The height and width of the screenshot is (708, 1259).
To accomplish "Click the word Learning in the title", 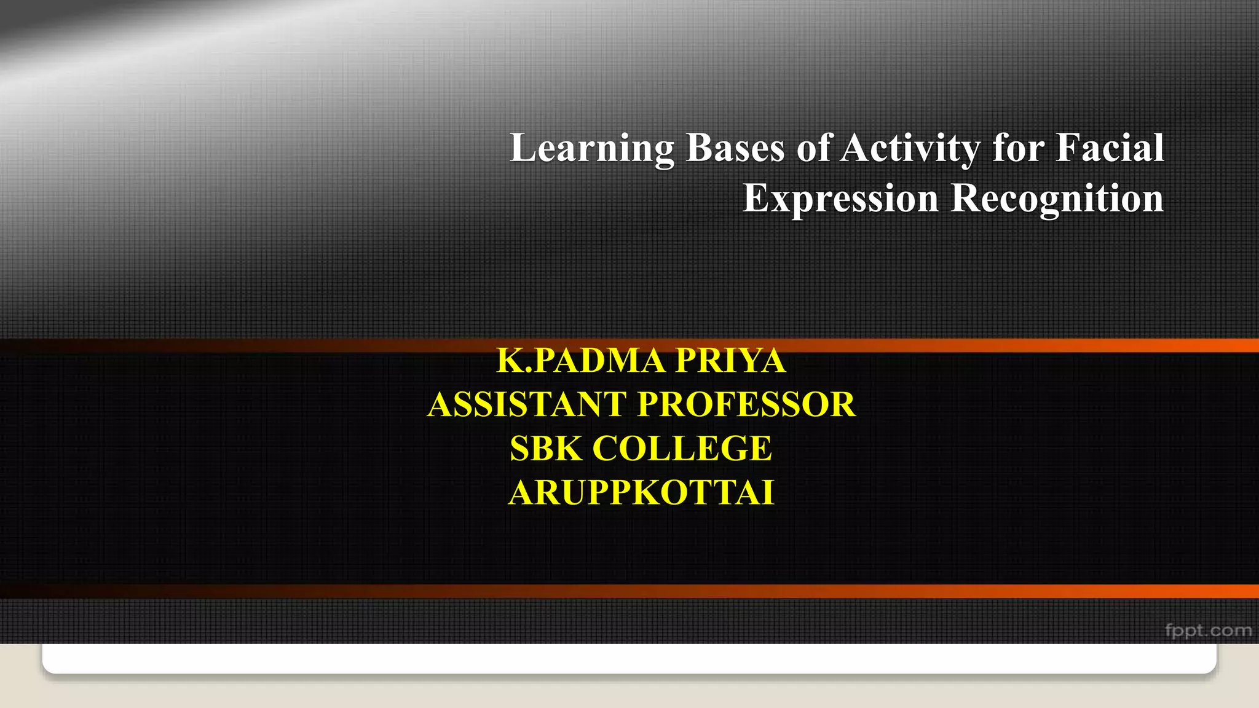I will pyautogui.click(x=592, y=149).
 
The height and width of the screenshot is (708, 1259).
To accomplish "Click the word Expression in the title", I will pyautogui.click(x=840, y=199).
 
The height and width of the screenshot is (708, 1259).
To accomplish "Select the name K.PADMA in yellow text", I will pyautogui.click(x=580, y=360).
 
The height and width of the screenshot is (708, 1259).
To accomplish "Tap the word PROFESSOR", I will pyautogui.click(x=746, y=404).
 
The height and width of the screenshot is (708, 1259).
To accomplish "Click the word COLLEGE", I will pyautogui.click(x=682, y=448).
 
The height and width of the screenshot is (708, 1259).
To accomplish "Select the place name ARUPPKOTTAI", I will pyautogui.click(x=641, y=492).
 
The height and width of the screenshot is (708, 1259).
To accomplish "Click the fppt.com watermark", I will pyautogui.click(x=1208, y=631).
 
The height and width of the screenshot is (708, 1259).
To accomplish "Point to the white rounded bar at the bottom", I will pyautogui.click(x=629, y=658).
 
